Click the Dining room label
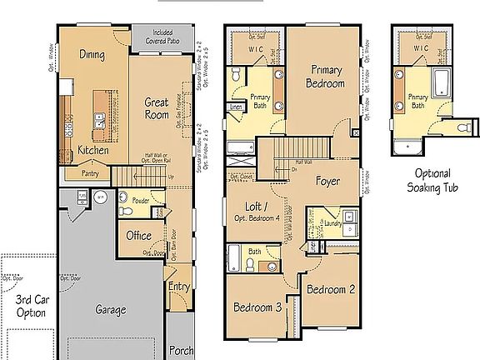pyautogui.click(x=91, y=54)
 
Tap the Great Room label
pyautogui.click(x=157, y=109)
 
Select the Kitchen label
pyautogui.click(x=93, y=150)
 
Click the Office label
pyautogui.click(x=138, y=236)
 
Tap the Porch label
pyautogui.click(x=181, y=351)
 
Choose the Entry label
pyautogui.click(x=178, y=287)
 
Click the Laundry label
pyautogui.click(x=336, y=223)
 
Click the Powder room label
pyautogui.click(x=140, y=201)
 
